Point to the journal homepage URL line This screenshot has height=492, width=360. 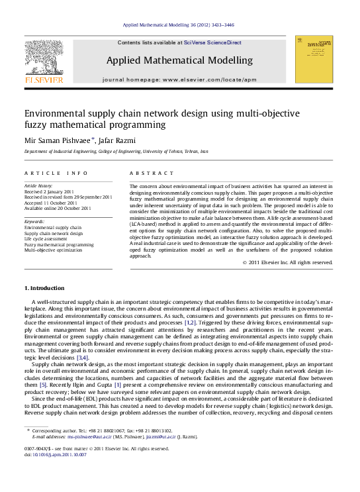(x=179, y=79)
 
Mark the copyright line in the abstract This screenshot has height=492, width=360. (x=287, y=262)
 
